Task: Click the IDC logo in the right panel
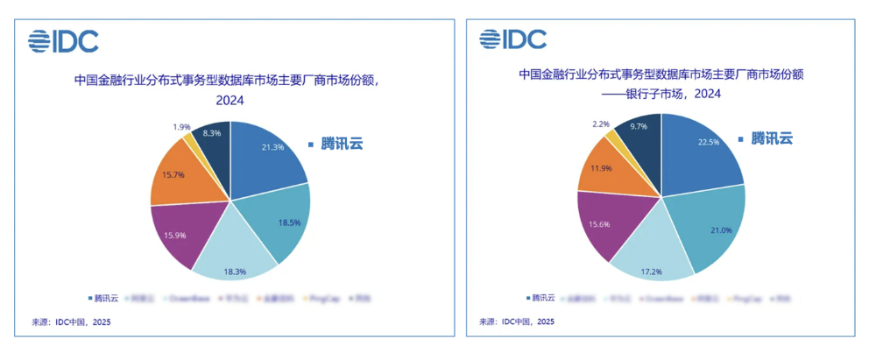click(512, 39)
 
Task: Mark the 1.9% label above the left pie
click(178, 126)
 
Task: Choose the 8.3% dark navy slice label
click(210, 133)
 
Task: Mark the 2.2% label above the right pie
click(602, 124)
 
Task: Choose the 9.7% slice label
click(639, 126)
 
